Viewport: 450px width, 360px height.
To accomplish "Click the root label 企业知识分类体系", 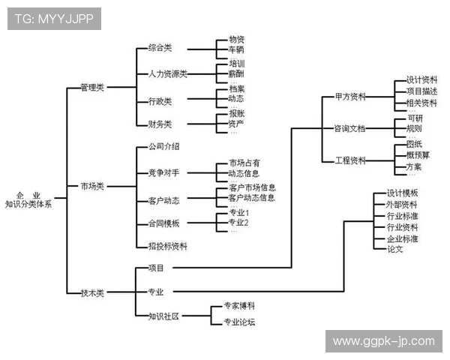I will click(x=28, y=199).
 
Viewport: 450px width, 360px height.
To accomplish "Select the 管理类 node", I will click(x=94, y=88).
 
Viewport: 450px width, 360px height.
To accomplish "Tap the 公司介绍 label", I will click(x=163, y=147).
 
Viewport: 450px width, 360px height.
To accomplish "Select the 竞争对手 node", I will click(x=163, y=173).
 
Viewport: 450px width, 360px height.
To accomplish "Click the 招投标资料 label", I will click(x=167, y=246).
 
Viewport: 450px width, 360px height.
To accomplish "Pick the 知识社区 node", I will click(x=163, y=316).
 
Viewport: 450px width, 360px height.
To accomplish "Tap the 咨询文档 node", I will click(x=349, y=128).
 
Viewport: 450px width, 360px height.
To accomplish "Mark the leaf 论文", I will click(x=395, y=249).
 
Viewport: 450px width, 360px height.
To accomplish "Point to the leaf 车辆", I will click(x=236, y=49).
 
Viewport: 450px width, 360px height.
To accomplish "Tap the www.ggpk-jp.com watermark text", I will click(x=383, y=341).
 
